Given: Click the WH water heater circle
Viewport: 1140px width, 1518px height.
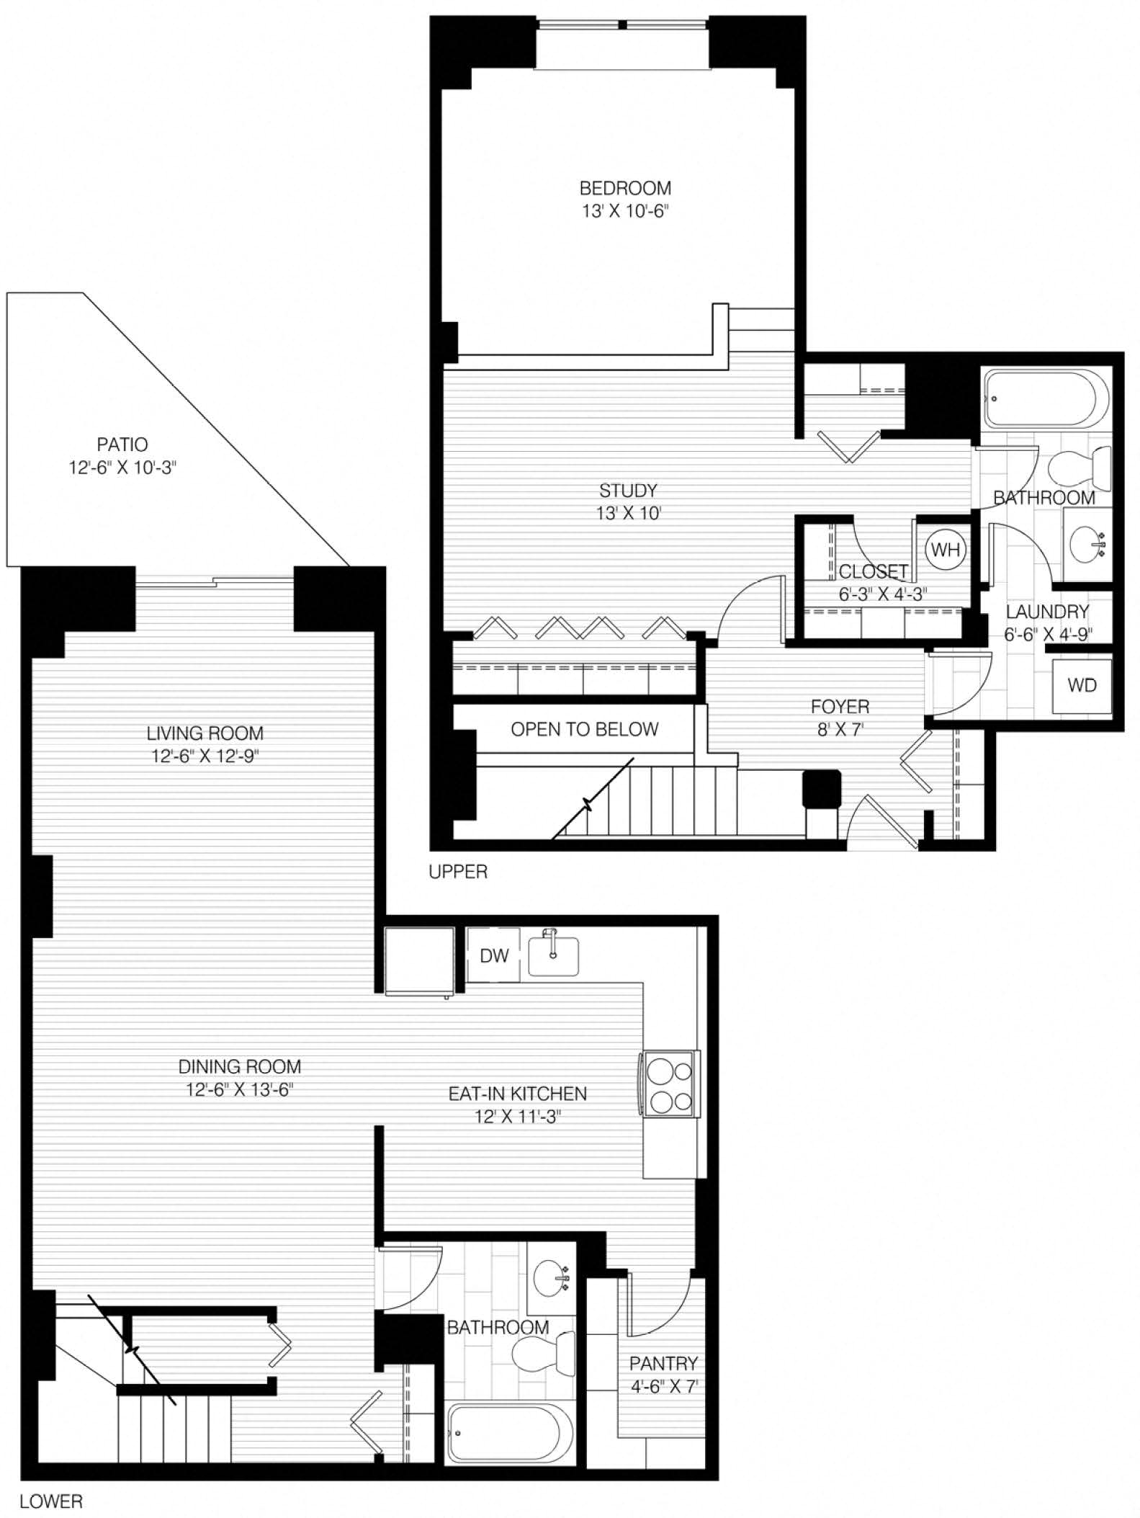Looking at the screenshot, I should pyautogui.click(x=946, y=550).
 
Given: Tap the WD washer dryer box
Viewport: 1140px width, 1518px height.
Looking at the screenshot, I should pyautogui.click(x=1082, y=685).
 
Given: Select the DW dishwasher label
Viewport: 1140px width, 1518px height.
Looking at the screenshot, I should pyautogui.click(x=494, y=955).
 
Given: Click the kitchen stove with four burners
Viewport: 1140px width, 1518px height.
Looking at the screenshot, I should pyautogui.click(x=670, y=1084).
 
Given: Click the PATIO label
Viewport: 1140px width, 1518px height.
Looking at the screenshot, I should pyautogui.click(x=122, y=445).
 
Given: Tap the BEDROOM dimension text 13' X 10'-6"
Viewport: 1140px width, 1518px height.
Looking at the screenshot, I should pyautogui.click(x=625, y=212).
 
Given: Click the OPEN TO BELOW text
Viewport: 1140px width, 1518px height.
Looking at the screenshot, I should pyautogui.click(x=584, y=730).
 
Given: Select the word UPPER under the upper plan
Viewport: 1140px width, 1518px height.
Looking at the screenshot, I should pyautogui.click(x=458, y=872).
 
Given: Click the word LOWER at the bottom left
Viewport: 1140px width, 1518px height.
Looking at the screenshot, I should pyautogui.click(x=51, y=1502).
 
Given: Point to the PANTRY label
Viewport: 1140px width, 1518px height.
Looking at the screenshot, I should pyautogui.click(x=663, y=1363).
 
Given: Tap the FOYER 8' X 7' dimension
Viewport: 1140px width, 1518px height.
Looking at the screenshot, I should pyautogui.click(x=840, y=729).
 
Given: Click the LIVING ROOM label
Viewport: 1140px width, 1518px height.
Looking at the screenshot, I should pyautogui.click(x=205, y=733).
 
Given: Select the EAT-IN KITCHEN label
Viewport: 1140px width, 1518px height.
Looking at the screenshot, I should pyautogui.click(x=517, y=1094).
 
